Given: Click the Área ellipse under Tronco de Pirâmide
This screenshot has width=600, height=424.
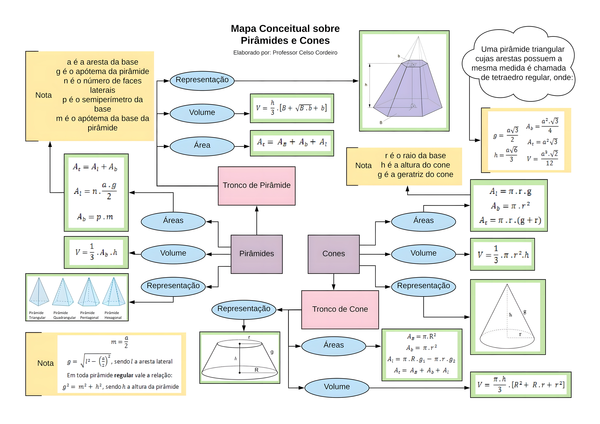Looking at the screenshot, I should [202, 146].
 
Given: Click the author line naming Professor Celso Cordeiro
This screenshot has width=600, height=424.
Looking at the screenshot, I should [285, 53].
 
